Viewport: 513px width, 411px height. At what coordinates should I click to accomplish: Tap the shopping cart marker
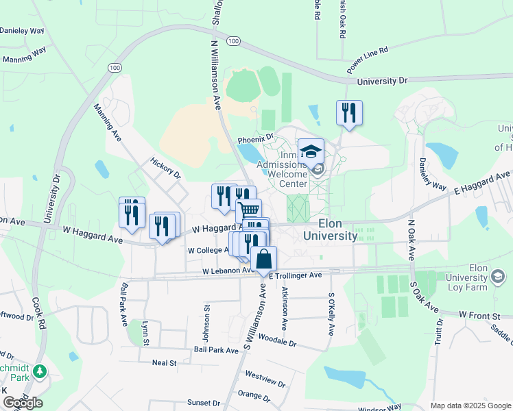[249, 210]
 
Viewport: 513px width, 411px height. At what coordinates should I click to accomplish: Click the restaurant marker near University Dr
[349, 113]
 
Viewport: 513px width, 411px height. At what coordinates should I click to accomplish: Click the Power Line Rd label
[368, 60]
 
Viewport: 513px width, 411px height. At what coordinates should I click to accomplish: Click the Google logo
[23, 403]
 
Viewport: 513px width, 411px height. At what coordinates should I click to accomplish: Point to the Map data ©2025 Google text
[470, 406]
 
